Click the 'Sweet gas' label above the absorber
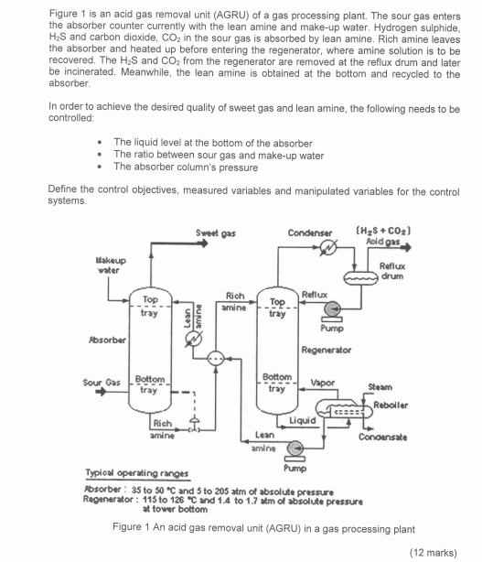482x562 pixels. point(211,234)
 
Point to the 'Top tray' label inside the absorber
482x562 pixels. point(149,305)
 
